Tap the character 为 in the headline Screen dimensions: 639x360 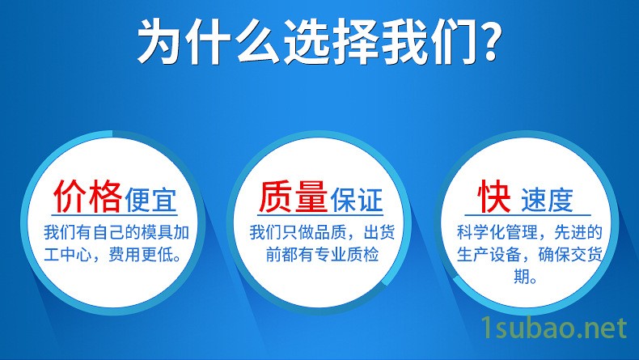tap(161, 40)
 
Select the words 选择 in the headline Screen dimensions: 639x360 tap(330, 40)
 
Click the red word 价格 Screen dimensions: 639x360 tap(87, 197)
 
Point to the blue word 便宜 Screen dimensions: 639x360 tap(150, 200)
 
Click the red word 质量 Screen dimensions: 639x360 tap(294, 197)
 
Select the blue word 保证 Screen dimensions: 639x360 tap(357, 200)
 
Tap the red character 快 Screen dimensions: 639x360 tap(494, 196)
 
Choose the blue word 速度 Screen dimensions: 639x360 tap(547, 200)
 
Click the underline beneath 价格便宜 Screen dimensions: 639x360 tap(115, 215)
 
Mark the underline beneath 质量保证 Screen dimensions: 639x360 tap(320, 215)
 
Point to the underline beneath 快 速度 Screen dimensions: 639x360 tap(527, 215)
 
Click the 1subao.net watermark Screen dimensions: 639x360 tap(554, 328)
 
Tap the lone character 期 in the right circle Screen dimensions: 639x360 tap(521, 277)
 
